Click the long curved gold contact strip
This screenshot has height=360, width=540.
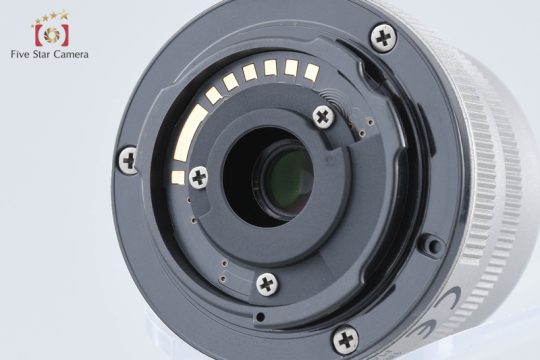point(188,133)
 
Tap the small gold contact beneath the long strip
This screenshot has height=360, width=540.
point(178,177)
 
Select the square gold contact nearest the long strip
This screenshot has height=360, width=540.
point(214,95)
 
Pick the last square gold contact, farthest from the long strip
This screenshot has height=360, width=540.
point(311,72)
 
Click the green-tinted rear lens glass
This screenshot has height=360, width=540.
point(288,181)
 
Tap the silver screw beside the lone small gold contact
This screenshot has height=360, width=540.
point(199,177)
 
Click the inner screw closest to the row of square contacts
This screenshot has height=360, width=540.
point(323,117)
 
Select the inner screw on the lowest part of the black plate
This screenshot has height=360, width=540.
point(267,284)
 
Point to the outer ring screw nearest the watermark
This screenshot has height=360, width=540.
point(128,160)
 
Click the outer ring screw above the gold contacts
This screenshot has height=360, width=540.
point(383,38)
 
